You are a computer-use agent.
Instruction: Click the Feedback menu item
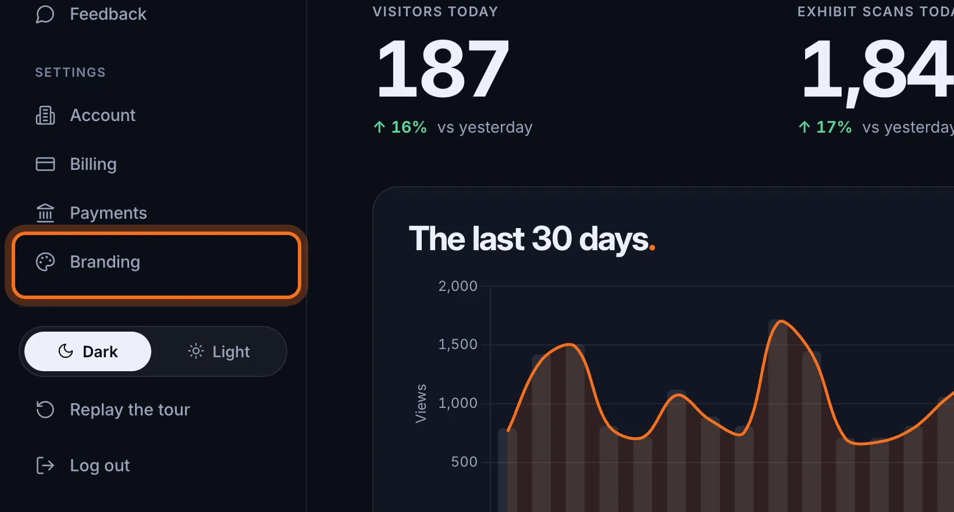91,14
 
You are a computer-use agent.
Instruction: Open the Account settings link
86,115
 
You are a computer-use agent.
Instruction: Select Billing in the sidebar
76,164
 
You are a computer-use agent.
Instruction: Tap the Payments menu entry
91,213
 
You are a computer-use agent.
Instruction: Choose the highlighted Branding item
156,265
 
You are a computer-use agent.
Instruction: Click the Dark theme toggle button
88,351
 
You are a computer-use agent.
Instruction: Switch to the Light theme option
219,352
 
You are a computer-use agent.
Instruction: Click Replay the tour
113,410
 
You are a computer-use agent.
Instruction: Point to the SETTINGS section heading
70,72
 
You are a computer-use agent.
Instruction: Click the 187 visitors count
443,69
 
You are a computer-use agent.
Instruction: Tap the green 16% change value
408,127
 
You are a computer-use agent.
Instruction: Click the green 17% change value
834,127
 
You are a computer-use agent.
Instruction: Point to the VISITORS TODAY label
435,12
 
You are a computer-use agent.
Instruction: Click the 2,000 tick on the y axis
458,286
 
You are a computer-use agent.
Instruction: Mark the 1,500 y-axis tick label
458,344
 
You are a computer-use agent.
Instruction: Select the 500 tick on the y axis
464,462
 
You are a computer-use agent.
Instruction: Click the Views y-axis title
421,403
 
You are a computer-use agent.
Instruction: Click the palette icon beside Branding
45,262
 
